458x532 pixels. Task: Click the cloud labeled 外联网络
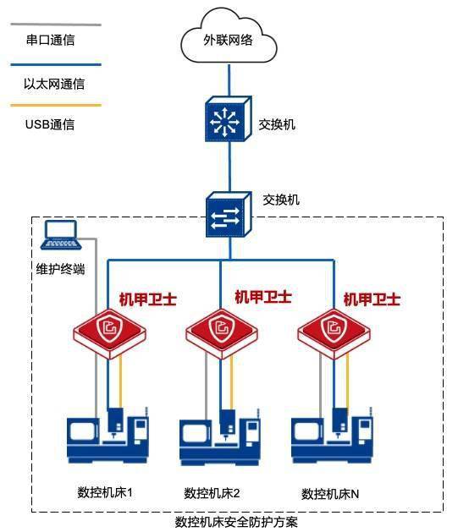click(229, 36)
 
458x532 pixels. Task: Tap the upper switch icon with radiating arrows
click(228, 118)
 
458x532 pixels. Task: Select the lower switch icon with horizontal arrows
click(229, 215)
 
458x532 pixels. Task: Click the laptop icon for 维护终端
click(61, 235)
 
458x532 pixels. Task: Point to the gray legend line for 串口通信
click(56, 25)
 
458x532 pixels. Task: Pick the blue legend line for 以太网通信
click(56, 64)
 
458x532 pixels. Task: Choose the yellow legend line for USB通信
click(56, 105)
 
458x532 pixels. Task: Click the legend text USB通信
click(50, 124)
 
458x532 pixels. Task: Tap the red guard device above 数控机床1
click(110, 333)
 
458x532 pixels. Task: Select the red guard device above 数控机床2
click(221, 333)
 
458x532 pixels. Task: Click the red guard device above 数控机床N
click(334, 333)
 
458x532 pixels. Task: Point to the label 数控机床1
click(105, 492)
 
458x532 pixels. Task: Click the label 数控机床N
click(330, 494)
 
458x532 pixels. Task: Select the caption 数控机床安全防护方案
click(236, 522)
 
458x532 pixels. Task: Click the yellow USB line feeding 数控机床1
click(120, 381)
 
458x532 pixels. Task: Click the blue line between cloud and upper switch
click(229, 80)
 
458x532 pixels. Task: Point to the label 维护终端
click(60, 269)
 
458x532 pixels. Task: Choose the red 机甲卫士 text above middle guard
click(263, 297)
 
